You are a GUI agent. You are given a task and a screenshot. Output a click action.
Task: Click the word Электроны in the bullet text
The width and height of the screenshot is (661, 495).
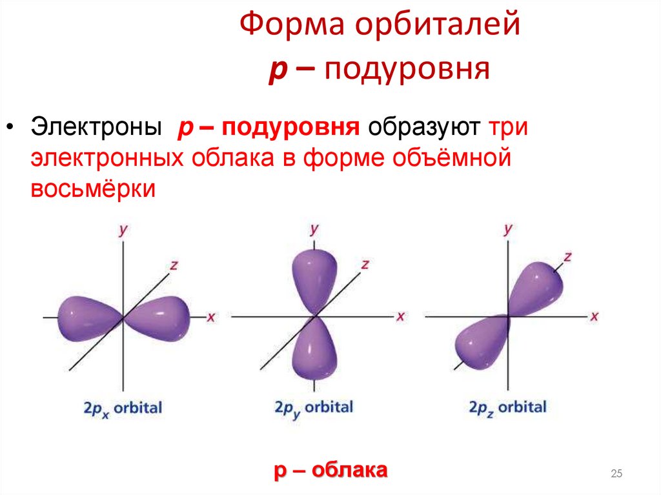[x=96, y=126]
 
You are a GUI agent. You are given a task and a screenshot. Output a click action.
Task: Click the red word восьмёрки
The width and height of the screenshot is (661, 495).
[x=93, y=188]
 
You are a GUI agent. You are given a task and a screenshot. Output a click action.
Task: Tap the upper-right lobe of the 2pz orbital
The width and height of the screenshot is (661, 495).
[x=536, y=285]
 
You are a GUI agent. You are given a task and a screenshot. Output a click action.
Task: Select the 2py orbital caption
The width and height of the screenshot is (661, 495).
[x=314, y=409]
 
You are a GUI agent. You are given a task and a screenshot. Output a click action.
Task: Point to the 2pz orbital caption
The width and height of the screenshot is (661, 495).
[x=507, y=408]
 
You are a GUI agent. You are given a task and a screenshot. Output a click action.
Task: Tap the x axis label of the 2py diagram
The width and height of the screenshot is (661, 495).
[x=400, y=316]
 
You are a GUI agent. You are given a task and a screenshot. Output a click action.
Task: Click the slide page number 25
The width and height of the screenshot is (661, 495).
[x=616, y=475]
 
